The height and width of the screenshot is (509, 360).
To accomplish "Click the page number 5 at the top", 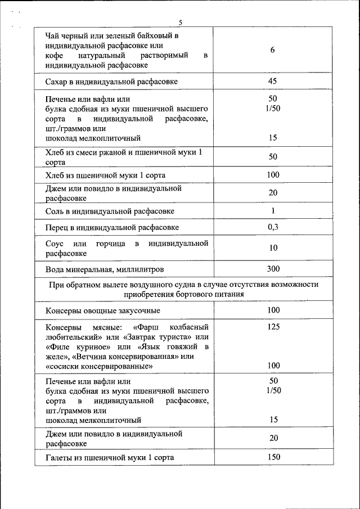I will coord(181,22).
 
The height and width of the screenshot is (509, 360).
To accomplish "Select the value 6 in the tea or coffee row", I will coord(272,50).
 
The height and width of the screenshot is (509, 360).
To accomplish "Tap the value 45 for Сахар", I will coord(272,82).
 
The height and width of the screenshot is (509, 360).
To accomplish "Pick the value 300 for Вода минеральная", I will coord(273,269).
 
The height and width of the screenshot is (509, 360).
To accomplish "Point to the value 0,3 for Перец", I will coord(273,227).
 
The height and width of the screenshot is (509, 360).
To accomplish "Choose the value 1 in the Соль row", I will coord(273,211).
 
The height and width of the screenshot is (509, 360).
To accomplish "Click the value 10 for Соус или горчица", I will coord(273,248).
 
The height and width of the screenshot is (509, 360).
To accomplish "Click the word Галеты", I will coord(60,458).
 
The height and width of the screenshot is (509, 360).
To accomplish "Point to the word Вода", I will coord(55,269).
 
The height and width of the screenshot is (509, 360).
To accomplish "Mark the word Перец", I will coord(57,227).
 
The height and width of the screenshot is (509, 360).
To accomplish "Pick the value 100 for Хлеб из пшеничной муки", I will coord(273,175).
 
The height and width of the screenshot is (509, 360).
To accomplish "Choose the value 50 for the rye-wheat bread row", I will coord(273,156).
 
